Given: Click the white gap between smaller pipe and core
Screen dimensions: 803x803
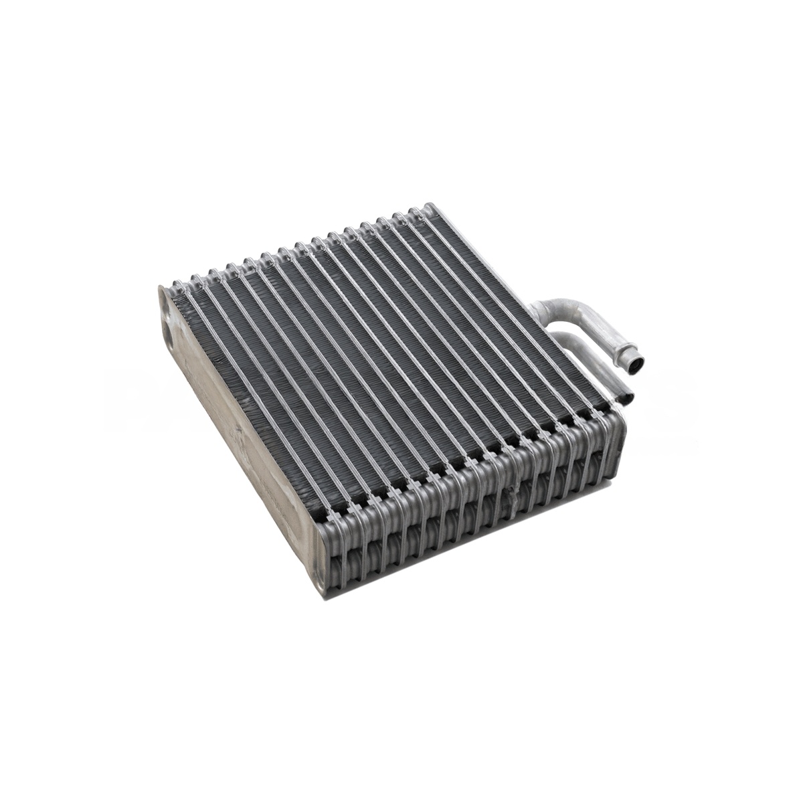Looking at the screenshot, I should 589,365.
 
